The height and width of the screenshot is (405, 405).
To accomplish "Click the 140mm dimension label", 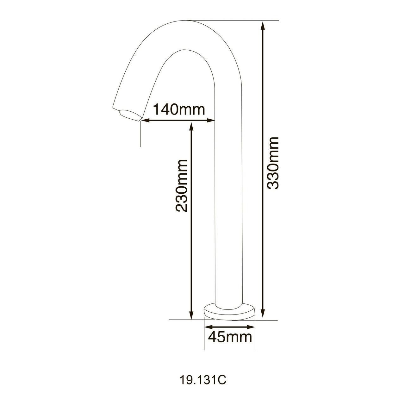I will (179, 109).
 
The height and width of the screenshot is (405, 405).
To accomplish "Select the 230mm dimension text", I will (182, 185).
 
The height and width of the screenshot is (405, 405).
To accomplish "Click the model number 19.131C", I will (202, 380).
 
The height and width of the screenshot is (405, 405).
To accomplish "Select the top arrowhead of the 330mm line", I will (263, 25).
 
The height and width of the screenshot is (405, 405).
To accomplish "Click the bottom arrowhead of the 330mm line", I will (263, 315).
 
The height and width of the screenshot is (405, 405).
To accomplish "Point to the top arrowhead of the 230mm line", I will (191, 126).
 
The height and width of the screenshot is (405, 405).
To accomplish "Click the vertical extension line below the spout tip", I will (140, 136).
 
